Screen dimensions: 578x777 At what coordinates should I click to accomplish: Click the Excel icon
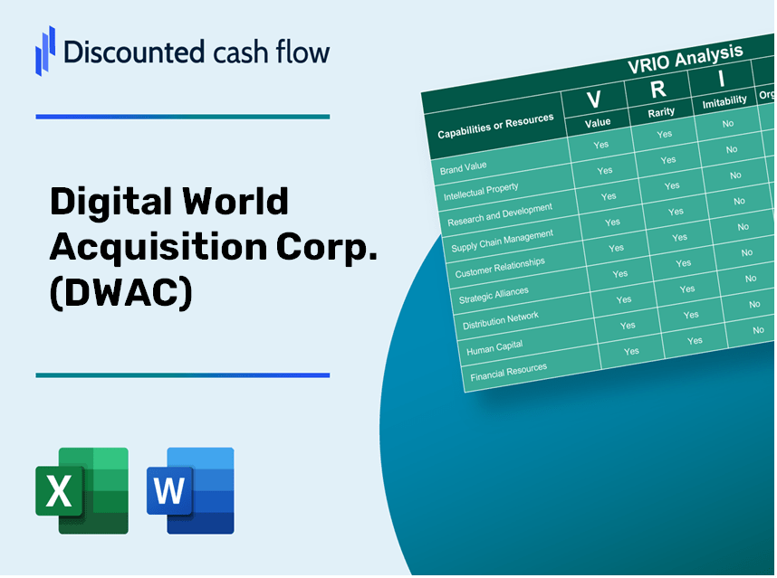click(x=82, y=490)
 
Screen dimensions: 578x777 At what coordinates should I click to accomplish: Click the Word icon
click(x=190, y=490)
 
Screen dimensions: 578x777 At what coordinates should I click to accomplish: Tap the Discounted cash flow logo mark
click(x=44, y=50)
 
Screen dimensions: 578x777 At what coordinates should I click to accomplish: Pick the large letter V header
click(x=593, y=99)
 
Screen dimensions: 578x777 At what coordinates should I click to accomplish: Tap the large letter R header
click(x=658, y=89)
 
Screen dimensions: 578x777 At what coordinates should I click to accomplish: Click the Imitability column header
click(x=724, y=101)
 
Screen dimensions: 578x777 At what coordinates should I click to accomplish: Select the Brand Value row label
click(x=464, y=168)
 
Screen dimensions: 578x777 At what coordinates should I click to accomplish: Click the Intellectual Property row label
click(x=481, y=192)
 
